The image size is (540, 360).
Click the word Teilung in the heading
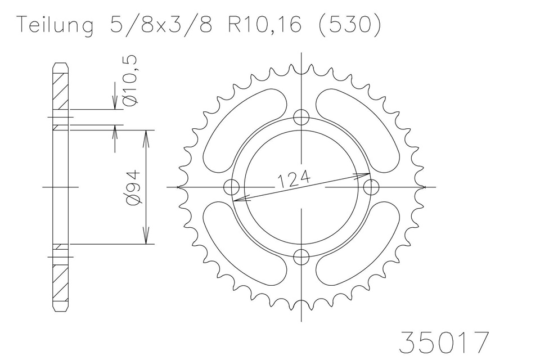pos(56,25)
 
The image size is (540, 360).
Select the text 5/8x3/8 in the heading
pos(161,24)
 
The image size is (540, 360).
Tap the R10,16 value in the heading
pos(265,25)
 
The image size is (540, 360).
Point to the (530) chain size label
pos(350,25)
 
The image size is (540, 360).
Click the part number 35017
pos(444,342)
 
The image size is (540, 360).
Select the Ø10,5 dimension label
pos(131,80)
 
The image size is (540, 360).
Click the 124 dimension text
pos(294,179)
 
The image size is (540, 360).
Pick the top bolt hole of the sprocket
pos(301,118)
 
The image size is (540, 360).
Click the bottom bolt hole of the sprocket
pos(301,256)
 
